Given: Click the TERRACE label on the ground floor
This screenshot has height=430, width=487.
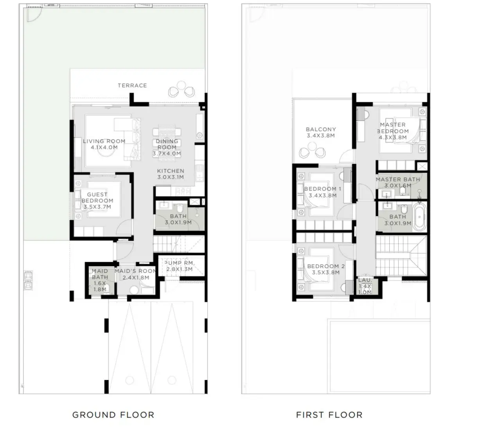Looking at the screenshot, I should (x=132, y=85).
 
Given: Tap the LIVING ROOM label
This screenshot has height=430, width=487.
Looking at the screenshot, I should (x=104, y=141).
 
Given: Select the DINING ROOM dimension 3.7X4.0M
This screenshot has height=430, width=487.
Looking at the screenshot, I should (x=167, y=154).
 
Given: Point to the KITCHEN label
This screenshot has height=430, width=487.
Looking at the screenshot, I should (x=171, y=171).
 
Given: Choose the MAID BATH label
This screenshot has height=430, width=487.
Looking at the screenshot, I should (x=100, y=274).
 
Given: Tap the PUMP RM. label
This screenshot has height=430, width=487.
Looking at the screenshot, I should (x=179, y=263).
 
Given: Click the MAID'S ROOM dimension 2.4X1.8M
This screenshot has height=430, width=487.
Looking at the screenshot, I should (x=136, y=278).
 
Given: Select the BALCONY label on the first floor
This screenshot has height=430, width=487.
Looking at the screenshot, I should (x=321, y=129).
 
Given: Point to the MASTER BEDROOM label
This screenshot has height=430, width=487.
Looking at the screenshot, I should (x=393, y=128).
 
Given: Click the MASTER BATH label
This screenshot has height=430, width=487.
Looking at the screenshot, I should (x=398, y=179).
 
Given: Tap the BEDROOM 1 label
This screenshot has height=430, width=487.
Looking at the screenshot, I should (x=323, y=189).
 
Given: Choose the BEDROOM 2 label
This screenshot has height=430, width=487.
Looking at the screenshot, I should (x=326, y=266).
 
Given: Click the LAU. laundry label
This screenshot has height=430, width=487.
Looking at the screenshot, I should (x=365, y=280).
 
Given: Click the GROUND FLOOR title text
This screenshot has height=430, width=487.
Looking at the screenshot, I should (x=113, y=415).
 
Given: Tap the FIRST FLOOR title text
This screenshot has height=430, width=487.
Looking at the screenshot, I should (x=329, y=415).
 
